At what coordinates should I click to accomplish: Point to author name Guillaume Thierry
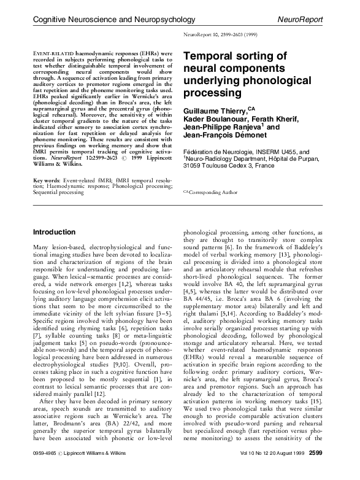click(x=215, y=110)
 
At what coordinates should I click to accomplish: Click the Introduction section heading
click(x=54, y=233)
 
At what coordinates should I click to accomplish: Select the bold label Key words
click(x=47, y=181)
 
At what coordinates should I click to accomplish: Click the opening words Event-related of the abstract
click(x=53, y=53)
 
